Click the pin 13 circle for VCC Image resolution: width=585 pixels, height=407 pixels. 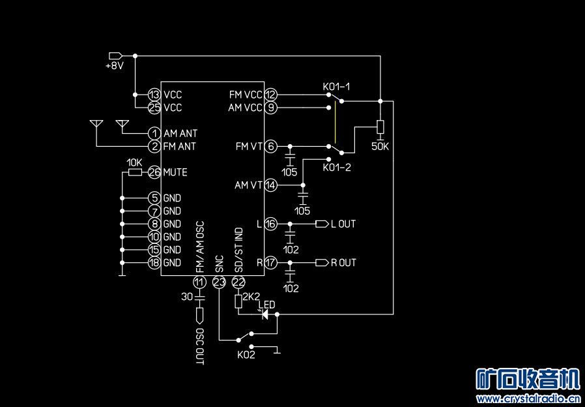[154, 95]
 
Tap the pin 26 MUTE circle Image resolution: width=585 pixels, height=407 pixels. [154, 172]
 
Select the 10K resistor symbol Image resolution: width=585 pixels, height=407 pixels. [135, 172]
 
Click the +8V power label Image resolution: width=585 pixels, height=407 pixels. [115, 66]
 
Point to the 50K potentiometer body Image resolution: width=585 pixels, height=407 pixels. [380, 127]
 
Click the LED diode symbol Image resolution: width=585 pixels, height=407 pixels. [265, 314]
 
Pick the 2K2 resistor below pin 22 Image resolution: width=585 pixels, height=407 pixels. [238, 301]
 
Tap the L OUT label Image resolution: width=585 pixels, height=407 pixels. [343, 224]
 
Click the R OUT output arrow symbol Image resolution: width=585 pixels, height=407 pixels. [320, 263]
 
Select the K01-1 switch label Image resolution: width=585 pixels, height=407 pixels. [336, 87]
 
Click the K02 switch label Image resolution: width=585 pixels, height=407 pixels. [246, 355]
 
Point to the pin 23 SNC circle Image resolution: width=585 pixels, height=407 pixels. [219, 282]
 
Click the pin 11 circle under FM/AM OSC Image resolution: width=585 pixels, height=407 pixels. [199, 282]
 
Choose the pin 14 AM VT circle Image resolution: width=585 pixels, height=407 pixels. [271, 185]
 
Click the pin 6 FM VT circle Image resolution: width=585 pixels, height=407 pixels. [271, 146]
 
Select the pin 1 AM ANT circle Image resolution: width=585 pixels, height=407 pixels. [154, 133]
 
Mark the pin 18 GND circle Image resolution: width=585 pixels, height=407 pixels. [154, 262]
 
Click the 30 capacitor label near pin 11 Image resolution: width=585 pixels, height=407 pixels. [186, 297]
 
